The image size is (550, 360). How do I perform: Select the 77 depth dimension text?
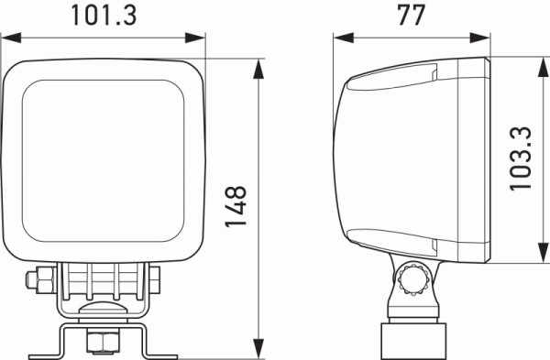412,16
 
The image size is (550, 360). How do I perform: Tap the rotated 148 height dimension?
236,208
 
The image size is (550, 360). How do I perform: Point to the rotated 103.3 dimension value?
522,158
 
